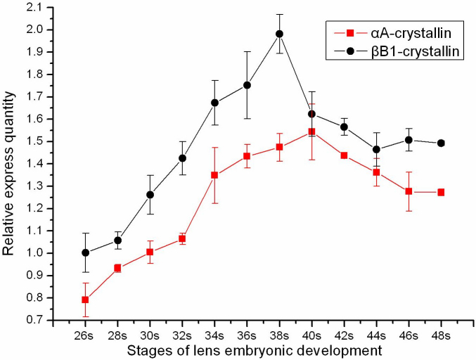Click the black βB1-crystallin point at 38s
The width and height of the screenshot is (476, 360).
[279, 34]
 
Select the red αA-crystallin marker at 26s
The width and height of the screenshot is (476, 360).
[85, 300]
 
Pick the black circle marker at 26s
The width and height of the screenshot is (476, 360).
[85, 252]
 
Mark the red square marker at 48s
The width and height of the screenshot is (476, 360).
[441, 192]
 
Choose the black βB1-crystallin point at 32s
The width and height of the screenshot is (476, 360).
[182, 158]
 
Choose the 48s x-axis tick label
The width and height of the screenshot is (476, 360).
[441, 334]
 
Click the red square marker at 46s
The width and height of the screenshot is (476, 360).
[409, 191]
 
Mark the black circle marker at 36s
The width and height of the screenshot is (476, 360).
[247, 85]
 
